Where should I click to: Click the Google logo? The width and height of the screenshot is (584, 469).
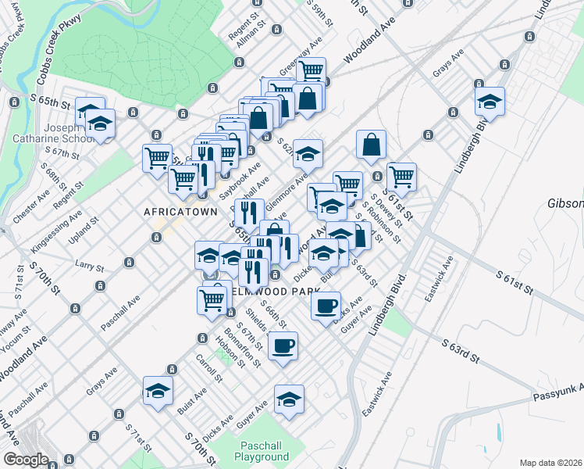[26, 460]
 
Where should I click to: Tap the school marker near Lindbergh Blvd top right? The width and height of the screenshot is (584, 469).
[490, 102]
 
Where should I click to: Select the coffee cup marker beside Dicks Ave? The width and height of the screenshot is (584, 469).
[326, 304]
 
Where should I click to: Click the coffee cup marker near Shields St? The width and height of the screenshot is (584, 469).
[283, 345]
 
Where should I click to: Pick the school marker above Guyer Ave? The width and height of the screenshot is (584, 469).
[289, 399]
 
